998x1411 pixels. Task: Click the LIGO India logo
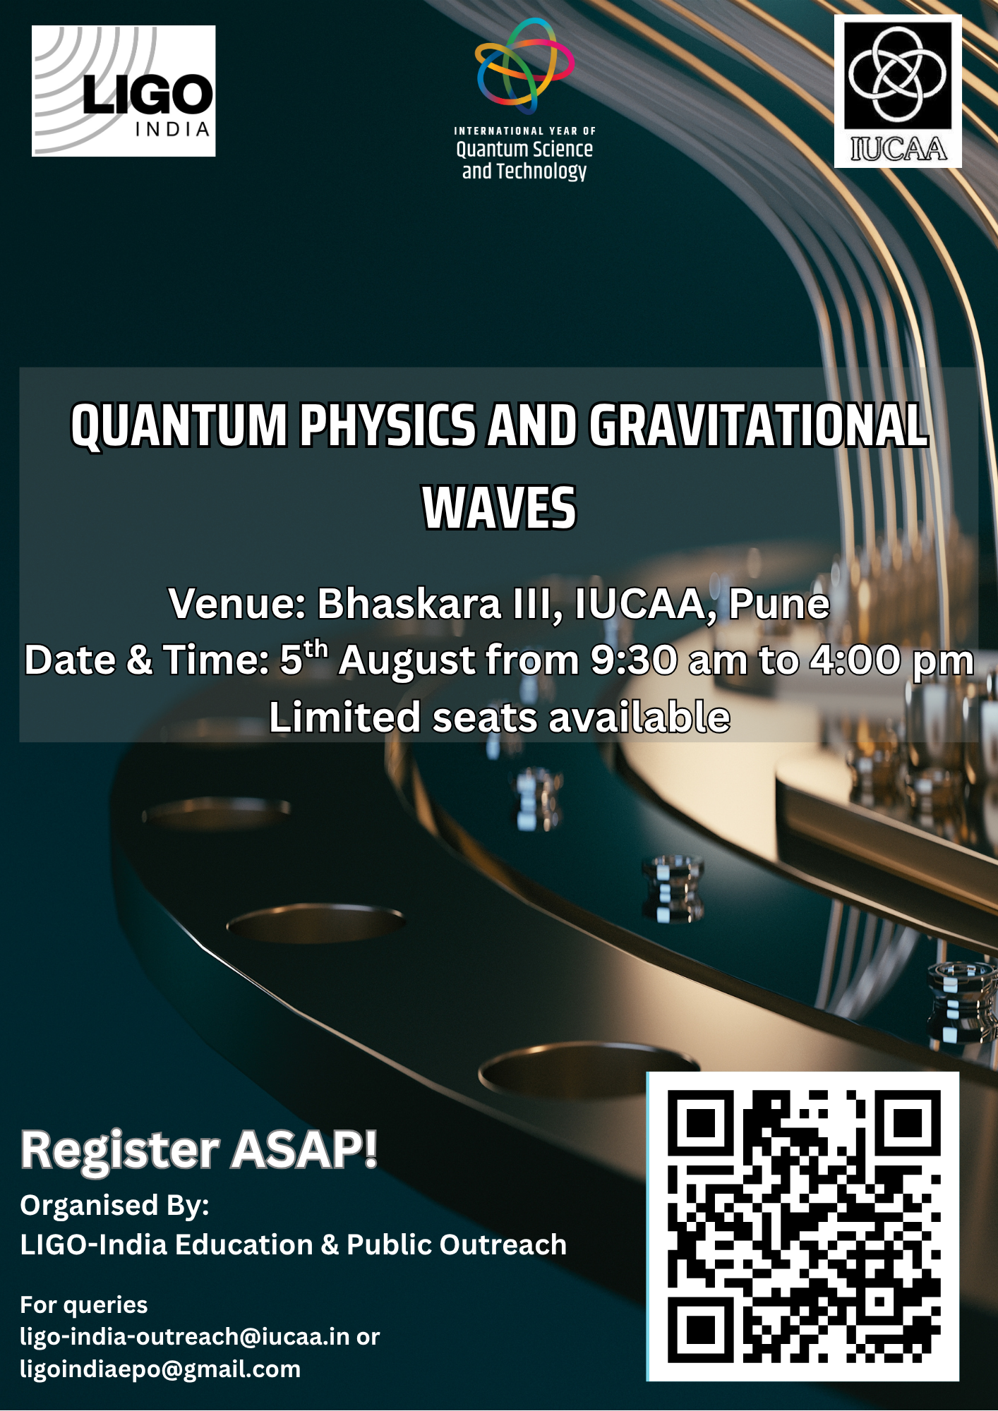tap(124, 91)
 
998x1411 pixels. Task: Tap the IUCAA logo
tap(898, 91)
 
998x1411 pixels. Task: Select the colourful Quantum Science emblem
tap(524, 66)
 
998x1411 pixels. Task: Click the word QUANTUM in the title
tap(179, 426)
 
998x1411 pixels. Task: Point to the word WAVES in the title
tap(499, 508)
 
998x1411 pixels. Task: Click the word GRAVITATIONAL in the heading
tap(758, 426)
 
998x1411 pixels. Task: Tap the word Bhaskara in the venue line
tap(409, 604)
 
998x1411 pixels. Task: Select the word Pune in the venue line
tap(778, 604)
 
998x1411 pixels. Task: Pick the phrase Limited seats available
tap(499, 717)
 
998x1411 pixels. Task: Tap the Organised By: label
tap(114, 1206)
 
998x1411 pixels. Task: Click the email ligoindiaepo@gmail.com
tap(160, 1369)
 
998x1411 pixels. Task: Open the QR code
tap(803, 1226)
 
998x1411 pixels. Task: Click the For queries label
tap(84, 1304)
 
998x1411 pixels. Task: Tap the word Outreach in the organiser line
tap(503, 1245)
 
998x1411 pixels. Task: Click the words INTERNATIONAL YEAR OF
tap(524, 131)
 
